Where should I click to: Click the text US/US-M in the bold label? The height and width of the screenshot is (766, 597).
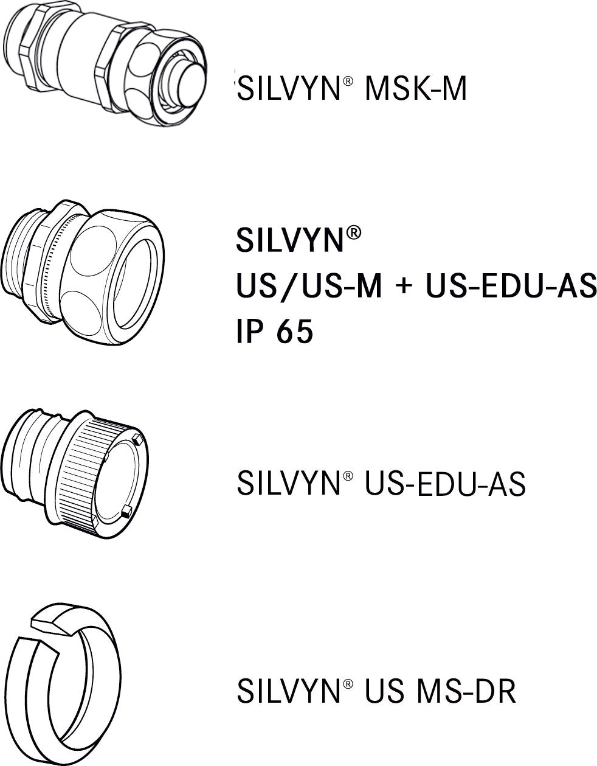(x=308, y=287)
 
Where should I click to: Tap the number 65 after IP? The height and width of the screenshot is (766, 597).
(x=294, y=332)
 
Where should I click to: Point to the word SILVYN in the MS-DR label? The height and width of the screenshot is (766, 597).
(x=288, y=691)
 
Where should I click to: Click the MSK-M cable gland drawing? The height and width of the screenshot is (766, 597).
(x=103, y=61)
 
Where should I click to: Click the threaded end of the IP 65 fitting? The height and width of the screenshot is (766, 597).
(x=21, y=268)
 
